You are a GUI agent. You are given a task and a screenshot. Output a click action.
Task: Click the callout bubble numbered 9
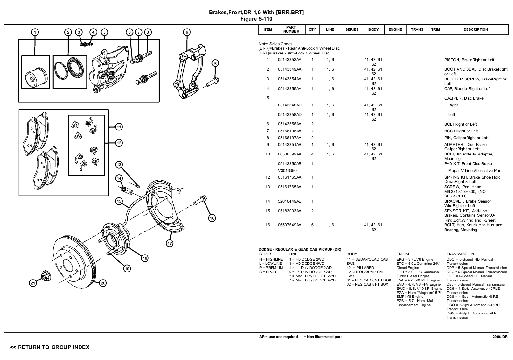click(x=187, y=32)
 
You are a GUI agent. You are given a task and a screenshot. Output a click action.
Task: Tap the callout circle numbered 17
click(x=170, y=243)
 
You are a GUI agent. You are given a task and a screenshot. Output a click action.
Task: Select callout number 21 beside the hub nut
click(x=33, y=283)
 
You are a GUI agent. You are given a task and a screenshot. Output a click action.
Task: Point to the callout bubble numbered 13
click(x=119, y=165)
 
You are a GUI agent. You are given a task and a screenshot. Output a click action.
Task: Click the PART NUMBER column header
click(x=291, y=29)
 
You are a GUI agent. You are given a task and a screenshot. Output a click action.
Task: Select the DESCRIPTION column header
click(x=475, y=29)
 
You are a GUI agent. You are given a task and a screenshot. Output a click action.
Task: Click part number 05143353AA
click(x=290, y=60)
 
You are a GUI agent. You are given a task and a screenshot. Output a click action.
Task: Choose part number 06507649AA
click(x=290, y=225)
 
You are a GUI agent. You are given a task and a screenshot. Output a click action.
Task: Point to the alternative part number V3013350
click(x=287, y=171)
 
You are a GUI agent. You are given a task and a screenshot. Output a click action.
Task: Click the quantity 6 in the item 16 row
click(x=312, y=225)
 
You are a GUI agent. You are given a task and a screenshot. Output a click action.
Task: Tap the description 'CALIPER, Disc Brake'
click(x=464, y=98)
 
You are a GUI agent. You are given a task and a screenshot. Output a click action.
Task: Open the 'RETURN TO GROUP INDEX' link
click(x=50, y=347)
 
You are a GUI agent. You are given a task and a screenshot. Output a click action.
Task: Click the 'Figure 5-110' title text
click(x=256, y=19)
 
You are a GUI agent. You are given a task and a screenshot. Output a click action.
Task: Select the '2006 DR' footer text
click(x=500, y=337)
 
